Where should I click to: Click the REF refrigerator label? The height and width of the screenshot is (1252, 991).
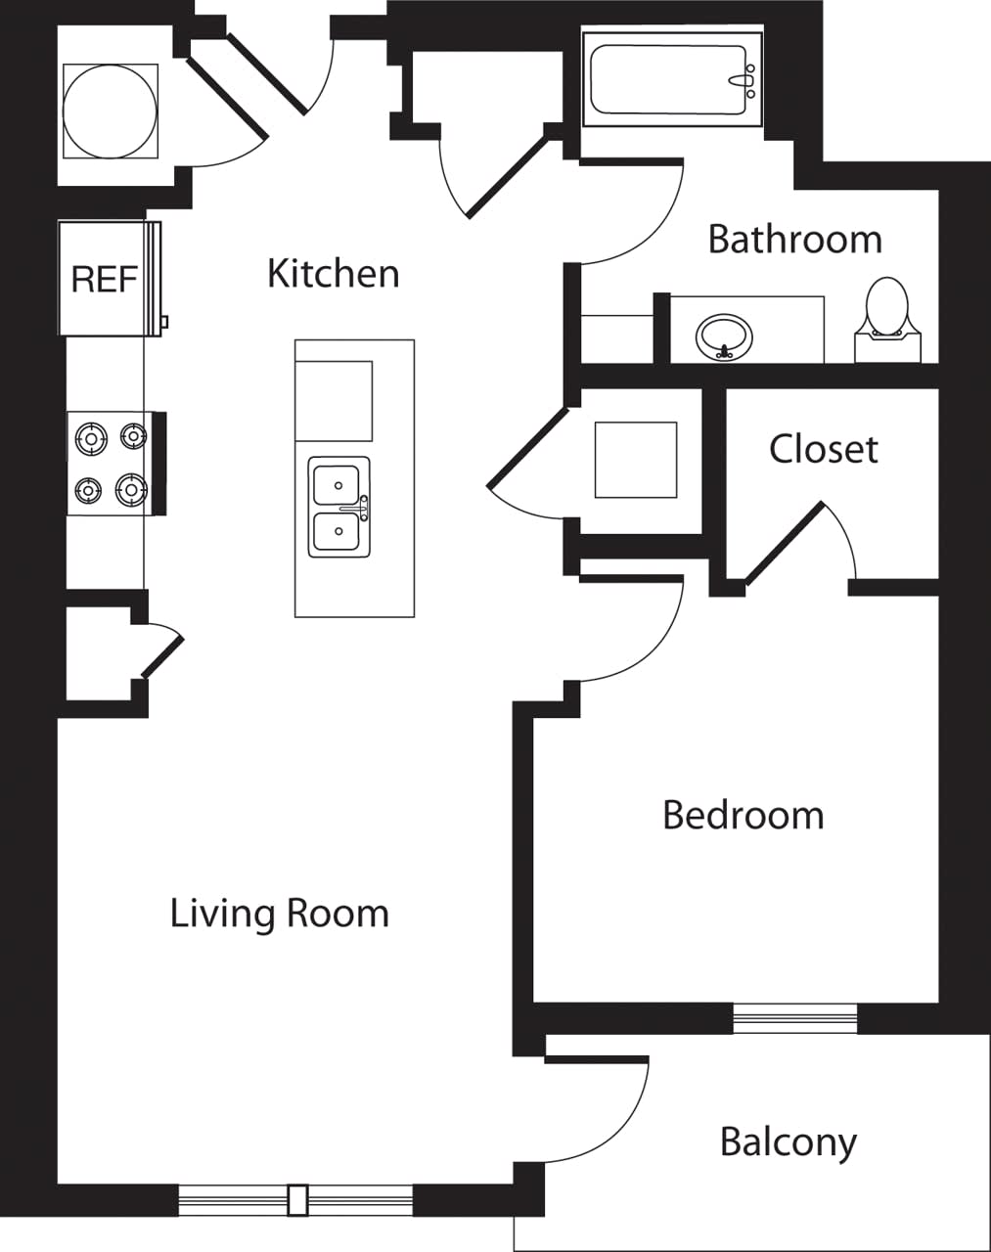(x=104, y=280)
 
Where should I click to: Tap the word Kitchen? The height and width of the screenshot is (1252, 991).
(x=333, y=274)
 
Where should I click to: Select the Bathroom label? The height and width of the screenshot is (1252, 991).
(x=794, y=240)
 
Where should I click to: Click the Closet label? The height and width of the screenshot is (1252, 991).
(x=823, y=449)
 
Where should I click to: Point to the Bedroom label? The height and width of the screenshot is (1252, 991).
(x=743, y=815)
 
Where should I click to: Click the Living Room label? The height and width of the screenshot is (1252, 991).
(x=280, y=914)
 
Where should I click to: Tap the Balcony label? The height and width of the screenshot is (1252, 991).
(x=788, y=1141)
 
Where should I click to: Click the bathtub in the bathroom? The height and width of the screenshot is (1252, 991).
(x=671, y=79)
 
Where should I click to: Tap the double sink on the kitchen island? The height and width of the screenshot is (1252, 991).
(x=338, y=507)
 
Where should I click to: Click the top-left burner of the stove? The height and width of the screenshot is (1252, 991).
(x=91, y=438)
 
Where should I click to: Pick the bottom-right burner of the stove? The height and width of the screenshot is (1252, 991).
(x=130, y=487)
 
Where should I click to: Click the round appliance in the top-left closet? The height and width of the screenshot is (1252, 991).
(x=110, y=111)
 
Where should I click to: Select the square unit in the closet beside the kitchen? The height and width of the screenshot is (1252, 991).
(x=636, y=460)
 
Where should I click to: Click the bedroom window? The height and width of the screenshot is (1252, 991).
(x=794, y=1018)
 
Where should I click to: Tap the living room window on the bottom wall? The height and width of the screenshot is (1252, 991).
(x=296, y=1200)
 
